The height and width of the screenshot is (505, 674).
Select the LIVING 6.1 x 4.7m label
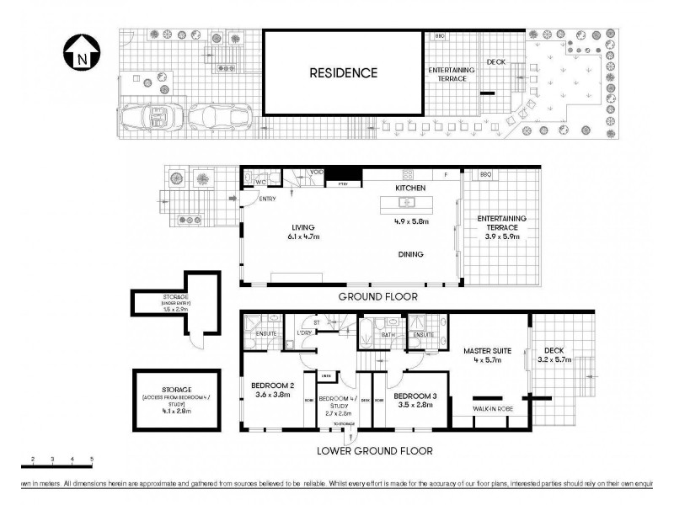pyautogui.click(x=302, y=232)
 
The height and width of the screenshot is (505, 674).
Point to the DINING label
pyautogui.click(x=411, y=255)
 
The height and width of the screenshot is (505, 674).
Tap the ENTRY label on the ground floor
pyautogui.click(x=268, y=199)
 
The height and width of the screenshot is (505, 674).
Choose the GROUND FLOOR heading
pyautogui.click(x=377, y=296)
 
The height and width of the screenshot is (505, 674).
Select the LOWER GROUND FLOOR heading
pyautogui.click(x=375, y=451)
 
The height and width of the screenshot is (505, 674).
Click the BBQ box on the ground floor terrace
pyautogui.click(x=485, y=175)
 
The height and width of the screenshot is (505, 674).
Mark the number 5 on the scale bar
pyautogui.click(x=92, y=459)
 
